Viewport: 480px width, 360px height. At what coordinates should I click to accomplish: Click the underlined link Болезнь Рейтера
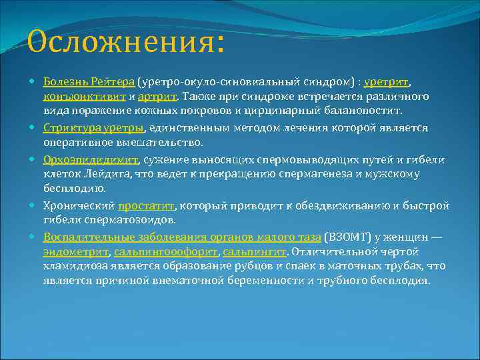89,81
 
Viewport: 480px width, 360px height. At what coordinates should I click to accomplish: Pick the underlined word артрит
159,97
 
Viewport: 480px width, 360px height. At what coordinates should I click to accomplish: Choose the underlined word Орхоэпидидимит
91,159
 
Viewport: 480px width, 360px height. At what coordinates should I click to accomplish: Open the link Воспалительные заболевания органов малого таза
181,237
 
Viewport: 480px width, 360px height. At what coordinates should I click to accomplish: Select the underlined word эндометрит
76,252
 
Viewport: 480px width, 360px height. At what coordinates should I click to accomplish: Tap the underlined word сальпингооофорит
166,252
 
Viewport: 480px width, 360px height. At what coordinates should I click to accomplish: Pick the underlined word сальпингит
254,252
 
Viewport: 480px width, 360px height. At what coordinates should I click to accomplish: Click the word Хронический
79,205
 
